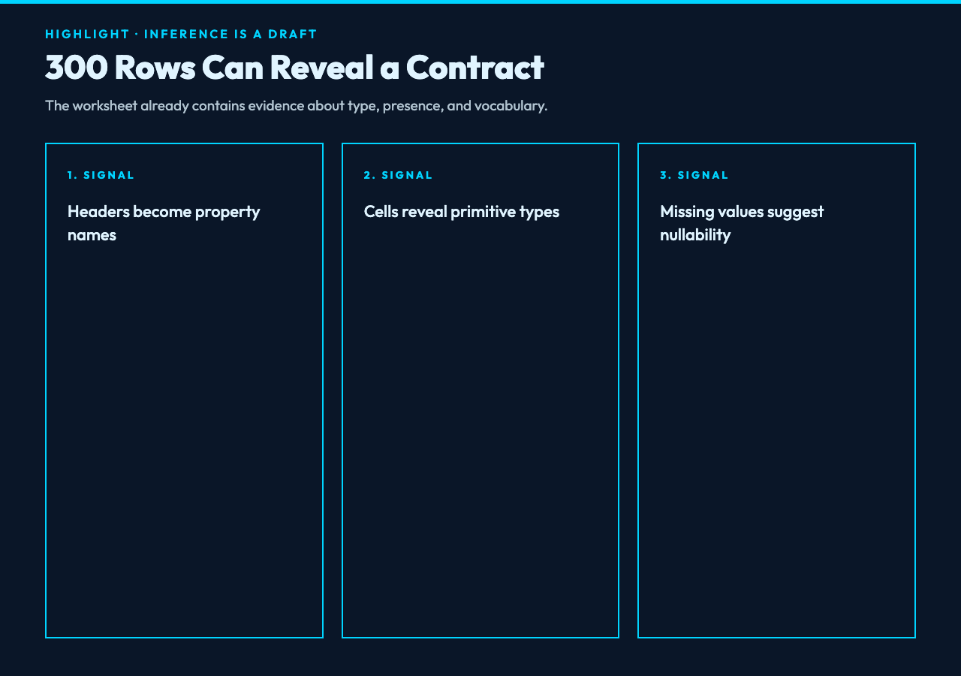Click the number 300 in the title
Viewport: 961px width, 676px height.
(x=77, y=68)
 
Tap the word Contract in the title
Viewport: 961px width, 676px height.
(x=475, y=68)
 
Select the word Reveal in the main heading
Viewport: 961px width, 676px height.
(x=322, y=68)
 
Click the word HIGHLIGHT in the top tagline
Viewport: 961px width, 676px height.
(x=87, y=34)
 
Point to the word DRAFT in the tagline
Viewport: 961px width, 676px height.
(x=292, y=34)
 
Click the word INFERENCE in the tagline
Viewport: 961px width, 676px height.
(x=186, y=34)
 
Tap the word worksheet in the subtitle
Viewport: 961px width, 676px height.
(x=104, y=106)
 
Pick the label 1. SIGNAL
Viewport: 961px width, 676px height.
(x=101, y=175)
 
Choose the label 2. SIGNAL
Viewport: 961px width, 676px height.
(x=398, y=175)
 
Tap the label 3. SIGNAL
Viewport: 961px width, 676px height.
(x=694, y=175)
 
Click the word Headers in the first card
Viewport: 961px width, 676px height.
(x=98, y=212)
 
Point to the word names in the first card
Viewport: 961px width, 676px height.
(x=92, y=235)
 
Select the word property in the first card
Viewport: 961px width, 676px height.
(x=227, y=213)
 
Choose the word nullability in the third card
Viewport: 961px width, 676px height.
(x=695, y=236)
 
